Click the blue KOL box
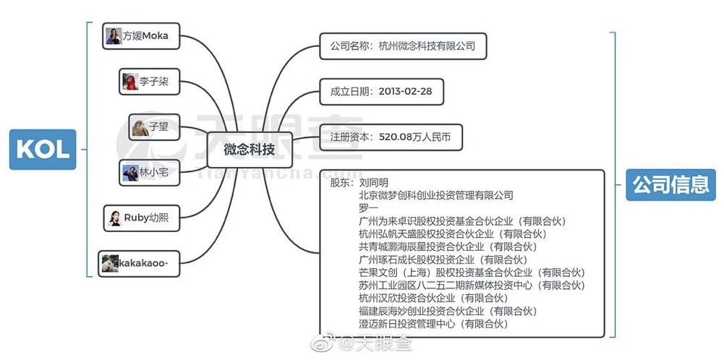(x=42, y=149)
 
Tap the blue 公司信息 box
(x=670, y=184)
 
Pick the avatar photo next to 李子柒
(x=129, y=82)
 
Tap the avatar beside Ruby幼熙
(x=115, y=218)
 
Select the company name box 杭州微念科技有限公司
(x=403, y=46)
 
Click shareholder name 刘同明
(x=373, y=183)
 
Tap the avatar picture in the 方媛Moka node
(x=114, y=35)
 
